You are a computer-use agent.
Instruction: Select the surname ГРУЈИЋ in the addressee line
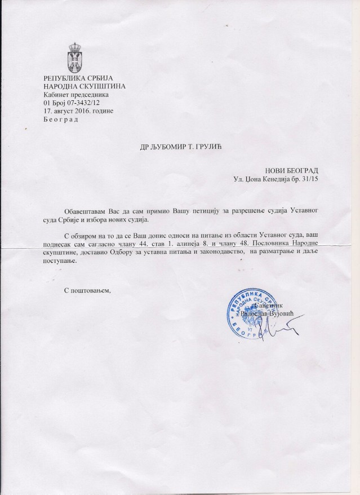[x=204, y=148]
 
